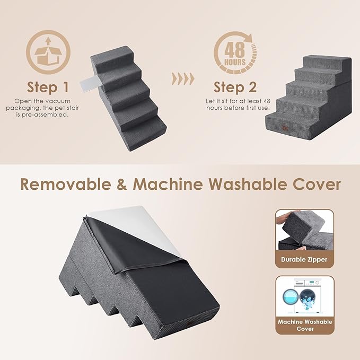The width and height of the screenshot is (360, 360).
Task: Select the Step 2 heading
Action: (235, 86)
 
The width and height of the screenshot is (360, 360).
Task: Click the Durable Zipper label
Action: (304, 260)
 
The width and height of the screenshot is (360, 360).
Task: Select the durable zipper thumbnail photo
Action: (304, 231)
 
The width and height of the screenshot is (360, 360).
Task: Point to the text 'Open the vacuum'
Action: (46, 100)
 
